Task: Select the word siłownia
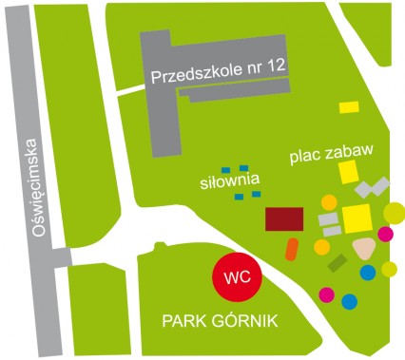point(228,180)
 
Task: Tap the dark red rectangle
point(284,218)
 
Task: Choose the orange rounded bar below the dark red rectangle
point(292,249)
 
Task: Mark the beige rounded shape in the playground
point(363,248)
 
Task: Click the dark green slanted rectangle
point(337,263)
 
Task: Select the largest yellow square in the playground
point(357,218)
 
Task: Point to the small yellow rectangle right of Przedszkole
point(350,107)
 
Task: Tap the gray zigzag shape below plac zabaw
point(373,187)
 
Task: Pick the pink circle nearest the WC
point(327,294)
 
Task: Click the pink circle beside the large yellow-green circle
point(385,234)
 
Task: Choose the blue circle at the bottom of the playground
point(349,302)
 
